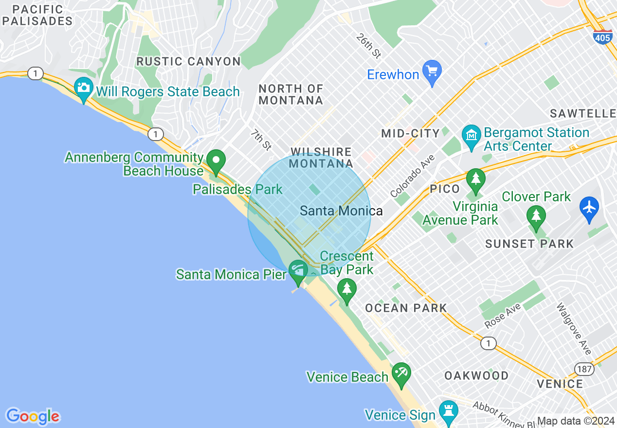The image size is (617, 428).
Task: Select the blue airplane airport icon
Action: pos(589,208)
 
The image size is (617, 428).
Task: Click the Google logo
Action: pos(33,416)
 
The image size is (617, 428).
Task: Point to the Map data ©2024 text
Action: pos(576,421)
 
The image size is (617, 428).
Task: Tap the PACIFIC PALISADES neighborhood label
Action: pos(37,16)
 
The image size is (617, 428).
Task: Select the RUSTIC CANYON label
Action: pos(188,62)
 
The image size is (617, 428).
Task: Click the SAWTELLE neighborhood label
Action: pos(583,114)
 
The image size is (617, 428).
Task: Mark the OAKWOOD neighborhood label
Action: pos(476,375)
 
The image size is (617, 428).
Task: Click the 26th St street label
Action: pos(368,46)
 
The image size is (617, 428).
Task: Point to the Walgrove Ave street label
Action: pos(574,329)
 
